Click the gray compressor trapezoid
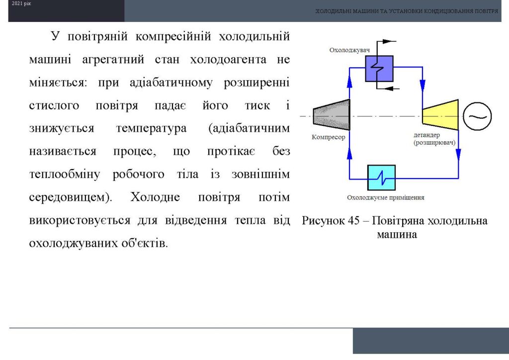[332, 115]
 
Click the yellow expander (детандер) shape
[440, 115]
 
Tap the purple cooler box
[379, 69]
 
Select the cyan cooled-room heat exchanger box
[381, 178]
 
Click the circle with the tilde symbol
[477, 116]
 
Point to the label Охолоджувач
[349, 50]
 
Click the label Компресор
[328, 137]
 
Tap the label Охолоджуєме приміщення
[385, 197]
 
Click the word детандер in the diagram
[426, 135]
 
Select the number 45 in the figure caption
[353, 221]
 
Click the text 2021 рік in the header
[21, 3]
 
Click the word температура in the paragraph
[151, 128]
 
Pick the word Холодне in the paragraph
[155, 197]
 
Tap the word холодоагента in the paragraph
[228, 60]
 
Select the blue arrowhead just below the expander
[458, 155]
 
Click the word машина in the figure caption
[397, 234]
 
